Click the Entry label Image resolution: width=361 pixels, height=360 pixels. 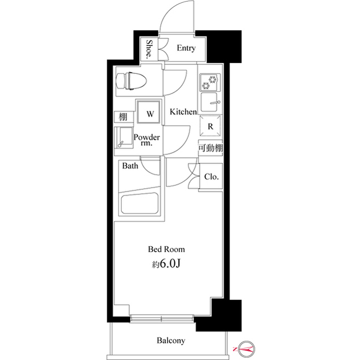pos(186,48)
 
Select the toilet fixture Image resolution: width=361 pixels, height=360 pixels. pos(131,81)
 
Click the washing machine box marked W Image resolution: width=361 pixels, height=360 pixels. pos(150,113)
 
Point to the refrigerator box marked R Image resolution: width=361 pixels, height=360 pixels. pos(210,127)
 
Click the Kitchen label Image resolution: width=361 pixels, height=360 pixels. pos(183,112)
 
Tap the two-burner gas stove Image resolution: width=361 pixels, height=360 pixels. pos(210,83)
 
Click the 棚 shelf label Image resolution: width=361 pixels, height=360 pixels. pos(122,117)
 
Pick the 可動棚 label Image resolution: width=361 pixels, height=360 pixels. pos(210,148)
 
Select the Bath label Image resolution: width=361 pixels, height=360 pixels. pos(131,166)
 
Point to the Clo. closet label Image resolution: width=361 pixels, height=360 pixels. pos(212,177)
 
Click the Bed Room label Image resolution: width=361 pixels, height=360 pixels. pos(166,248)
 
